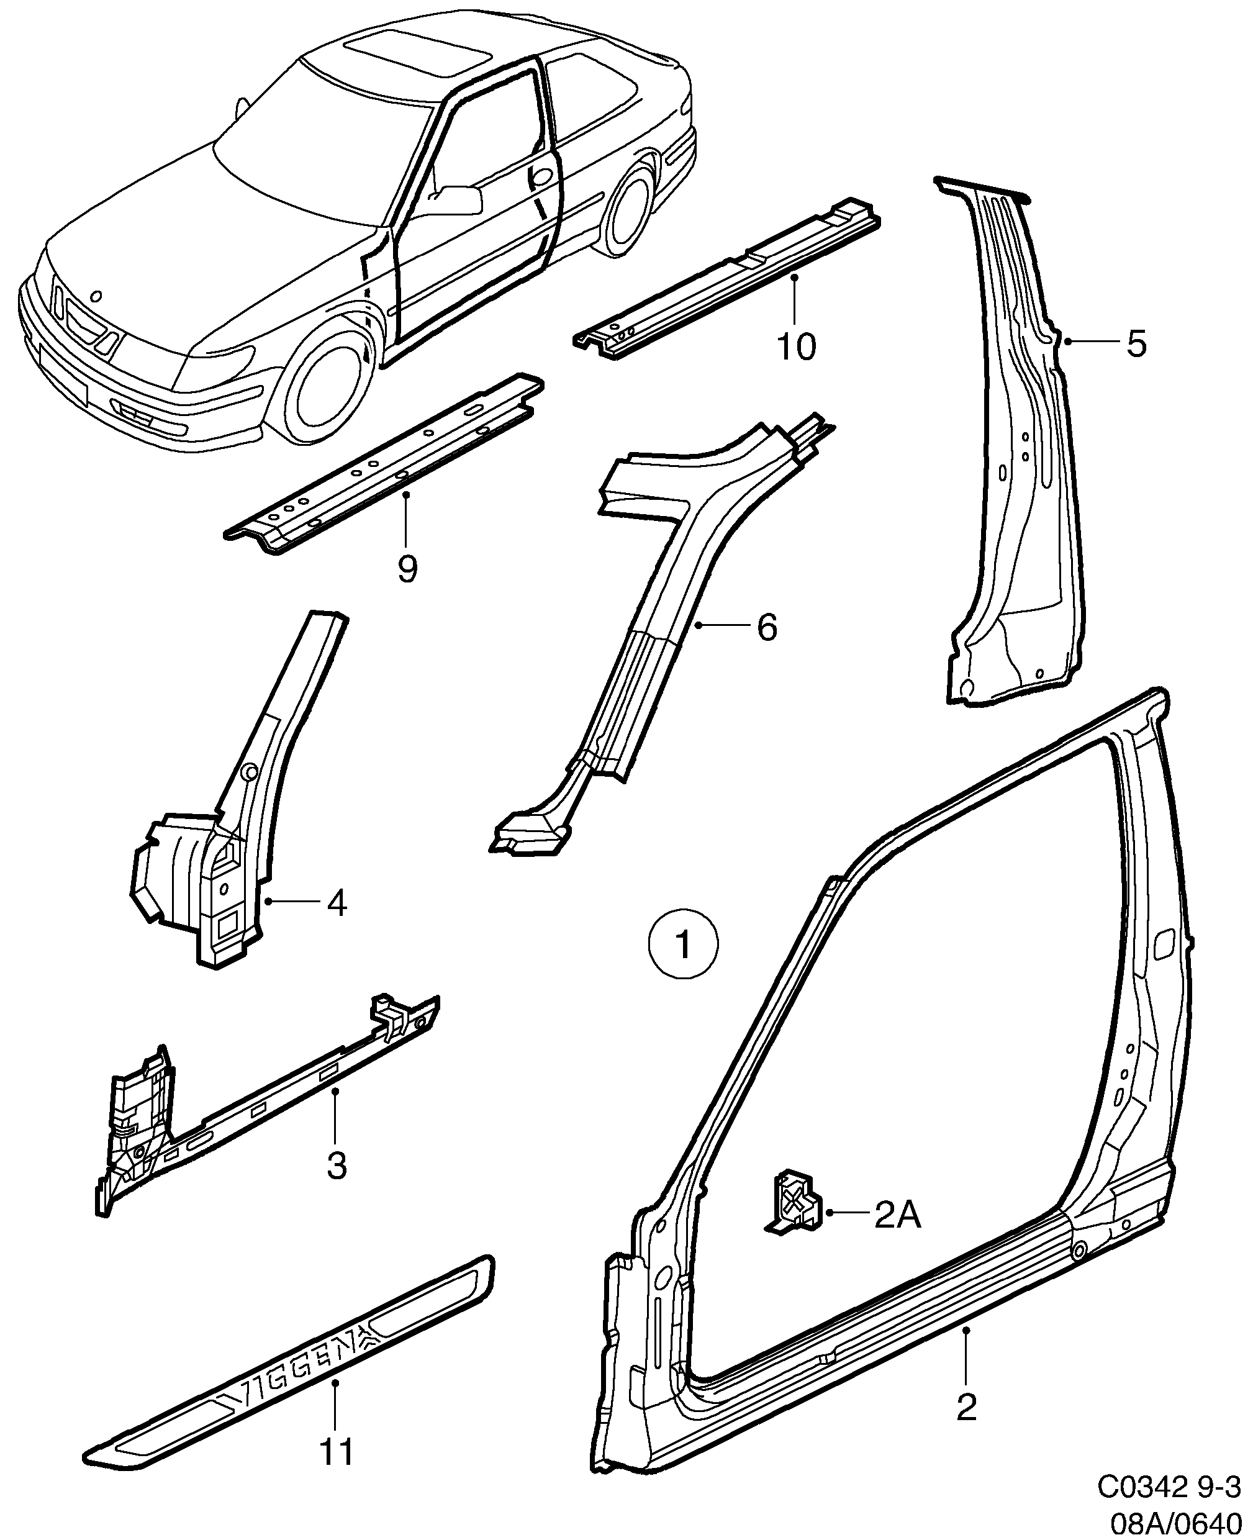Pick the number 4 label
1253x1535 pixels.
click(337, 903)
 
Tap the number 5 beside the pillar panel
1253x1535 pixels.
click(1136, 343)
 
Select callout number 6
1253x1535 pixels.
click(767, 627)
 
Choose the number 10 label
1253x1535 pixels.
click(796, 347)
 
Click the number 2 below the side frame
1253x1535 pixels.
click(967, 1407)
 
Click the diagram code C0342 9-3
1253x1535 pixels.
click(1174, 1486)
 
